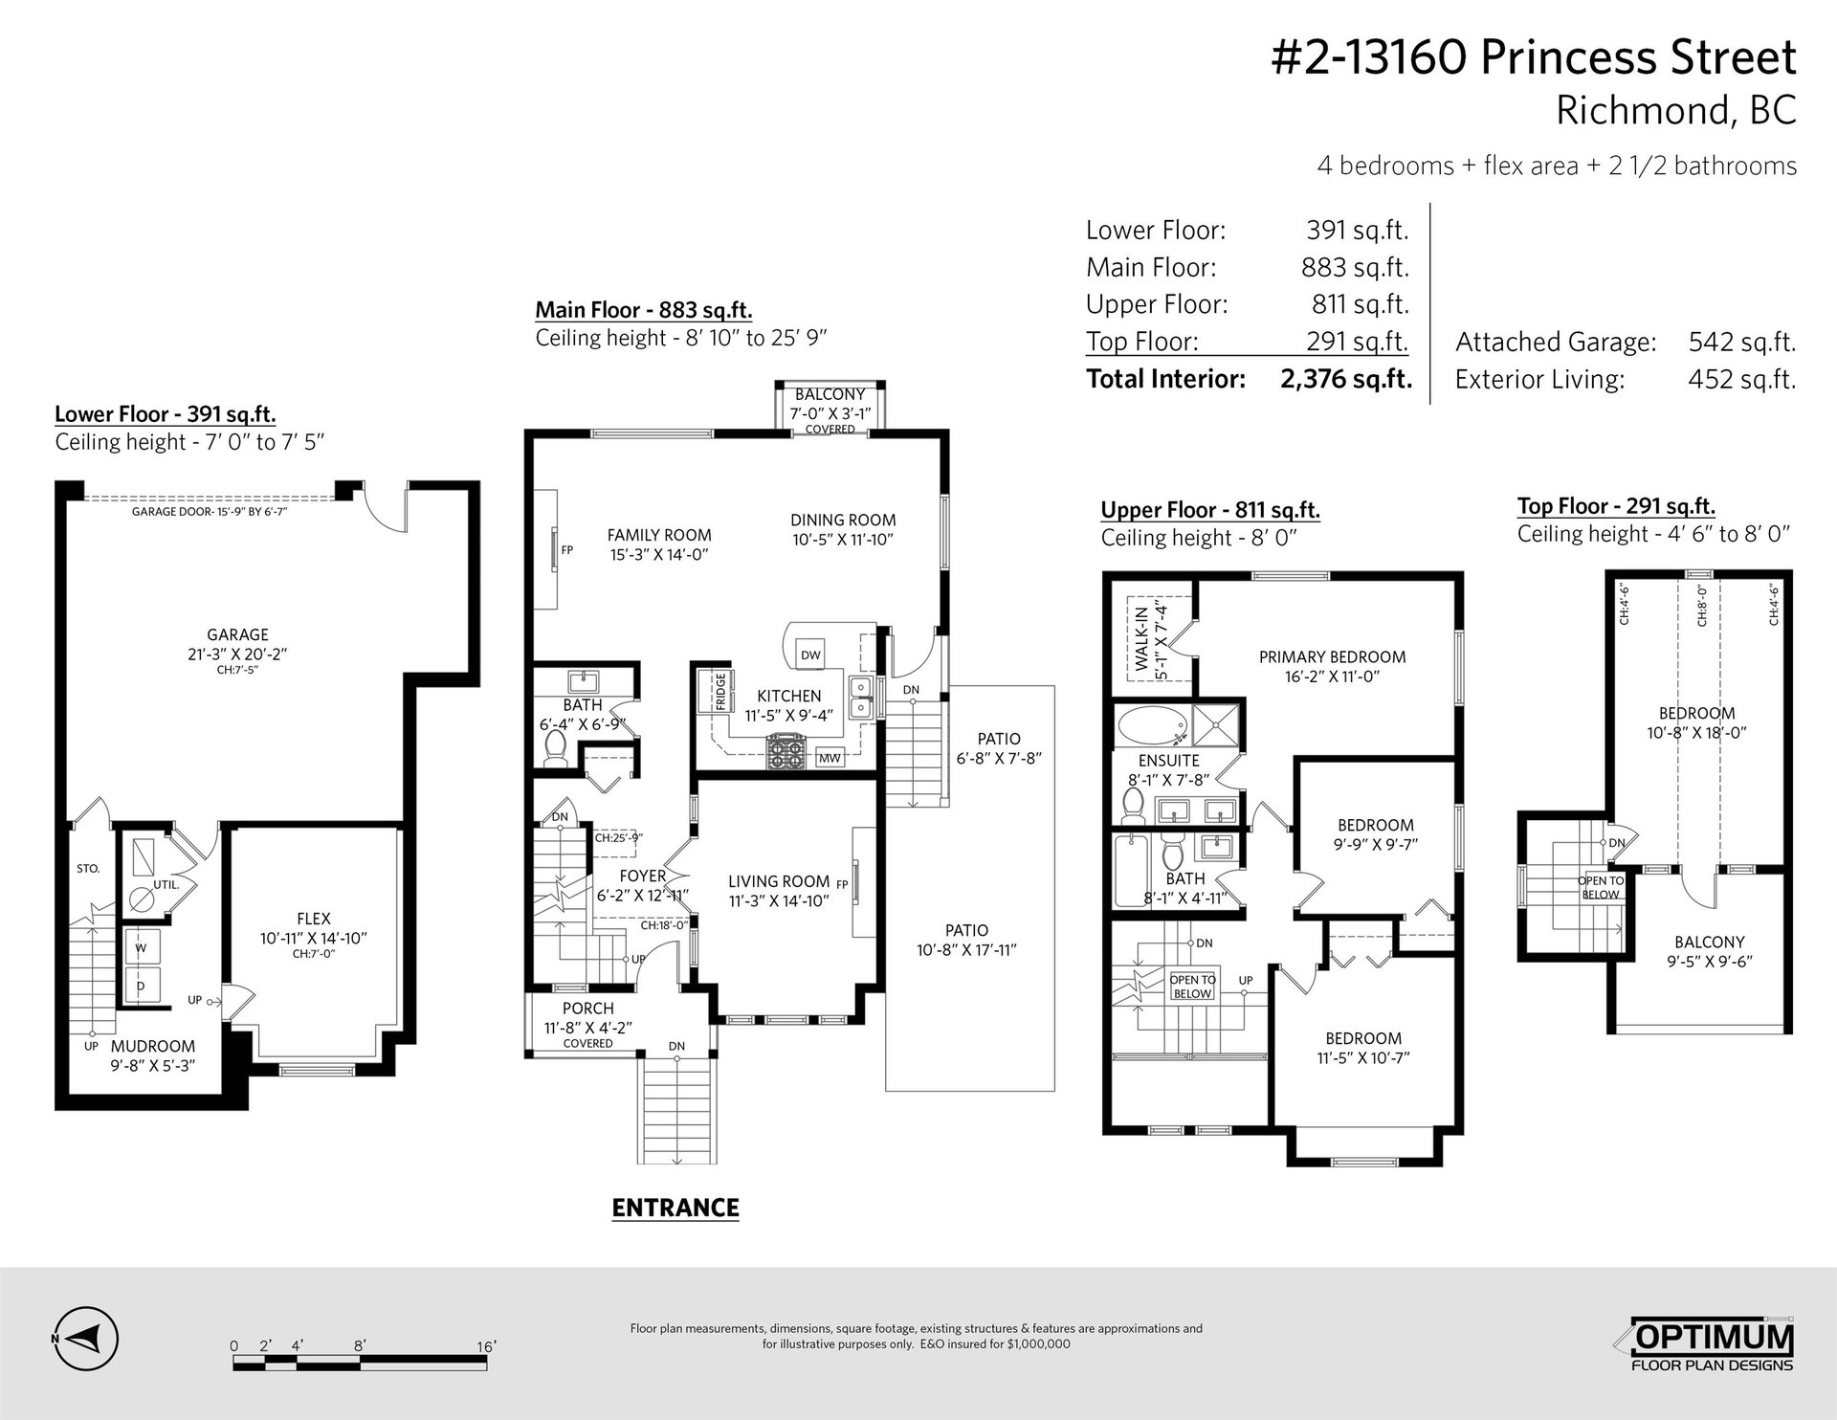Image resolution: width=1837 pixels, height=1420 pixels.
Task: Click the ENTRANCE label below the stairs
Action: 675,1208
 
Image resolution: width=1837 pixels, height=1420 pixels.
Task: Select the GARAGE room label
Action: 237,634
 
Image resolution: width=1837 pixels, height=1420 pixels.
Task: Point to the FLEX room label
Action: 314,919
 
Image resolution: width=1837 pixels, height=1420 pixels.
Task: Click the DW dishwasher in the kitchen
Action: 810,655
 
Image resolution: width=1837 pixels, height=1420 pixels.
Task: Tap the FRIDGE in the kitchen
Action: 719,691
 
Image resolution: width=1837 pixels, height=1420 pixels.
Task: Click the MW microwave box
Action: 830,758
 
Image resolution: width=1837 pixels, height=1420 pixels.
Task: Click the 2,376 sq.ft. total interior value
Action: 1346,379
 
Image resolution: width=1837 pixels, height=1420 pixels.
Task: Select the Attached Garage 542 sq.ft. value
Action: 1741,342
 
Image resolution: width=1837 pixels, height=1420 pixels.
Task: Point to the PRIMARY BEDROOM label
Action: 1332,657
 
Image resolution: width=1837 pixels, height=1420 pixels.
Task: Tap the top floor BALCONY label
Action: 1709,942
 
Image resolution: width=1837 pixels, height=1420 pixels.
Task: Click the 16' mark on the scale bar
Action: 486,1346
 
